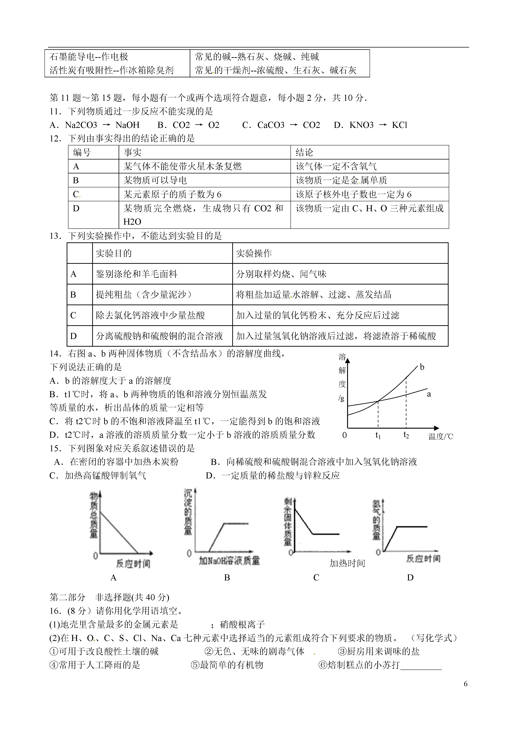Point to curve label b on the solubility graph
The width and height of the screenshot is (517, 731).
click(x=422, y=367)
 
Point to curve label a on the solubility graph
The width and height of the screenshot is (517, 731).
click(x=429, y=394)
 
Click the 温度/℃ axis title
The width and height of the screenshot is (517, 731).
click(x=441, y=436)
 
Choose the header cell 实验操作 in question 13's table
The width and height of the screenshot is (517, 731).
click(x=254, y=253)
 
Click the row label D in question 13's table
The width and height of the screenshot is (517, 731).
click(x=74, y=336)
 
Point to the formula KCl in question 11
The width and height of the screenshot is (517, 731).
click(x=399, y=125)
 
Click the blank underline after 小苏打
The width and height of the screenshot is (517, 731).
click(x=421, y=665)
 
